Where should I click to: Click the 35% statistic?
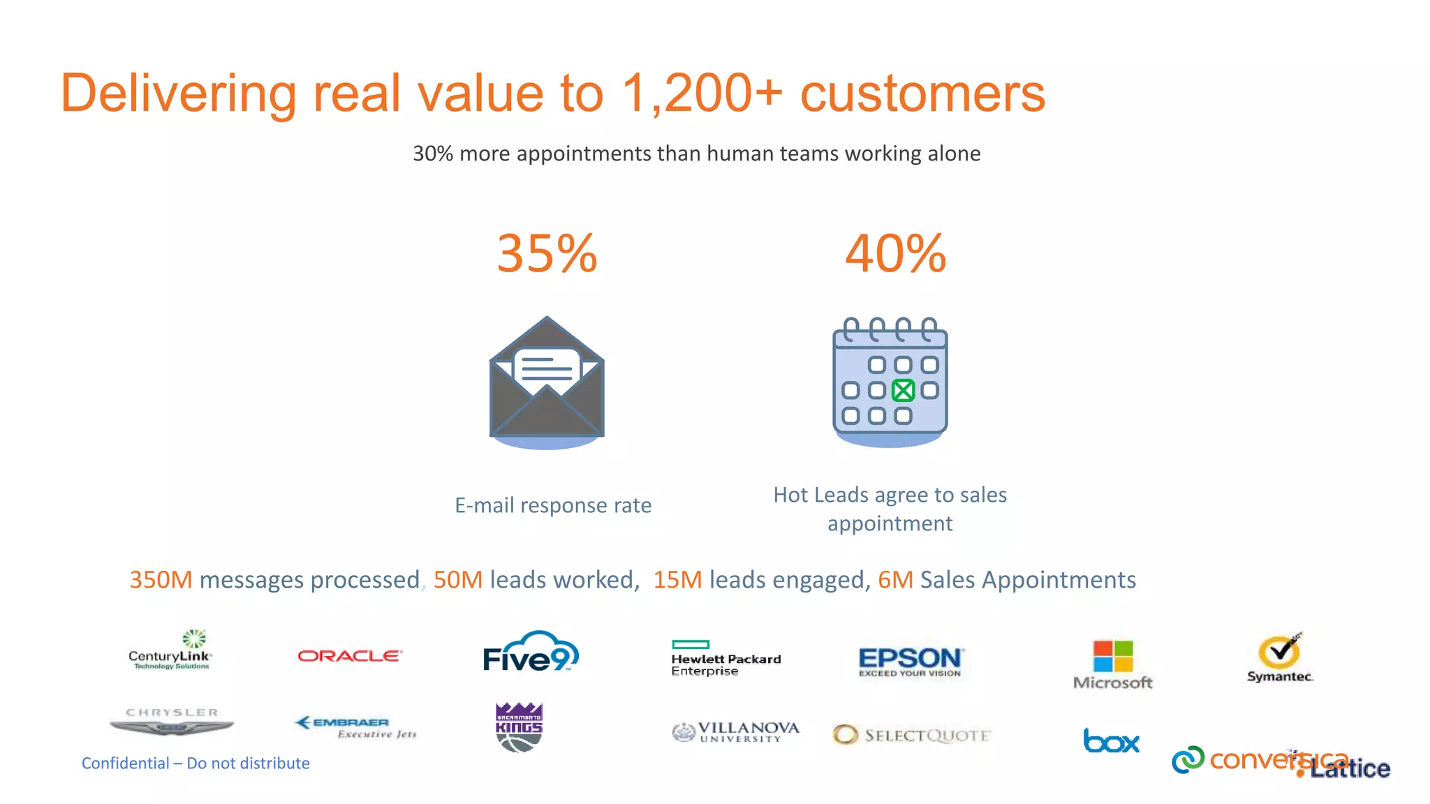(x=547, y=253)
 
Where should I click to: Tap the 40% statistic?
(x=895, y=253)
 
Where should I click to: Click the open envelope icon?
(x=547, y=380)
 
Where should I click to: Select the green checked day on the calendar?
(x=903, y=390)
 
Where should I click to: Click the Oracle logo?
(x=349, y=656)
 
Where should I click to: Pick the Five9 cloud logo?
(x=531, y=653)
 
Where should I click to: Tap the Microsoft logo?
(x=1112, y=664)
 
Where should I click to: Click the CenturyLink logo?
(x=170, y=650)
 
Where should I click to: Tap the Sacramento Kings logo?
(x=519, y=727)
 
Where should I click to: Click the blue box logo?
(x=1111, y=740)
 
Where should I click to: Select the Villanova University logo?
(x=735, y=732)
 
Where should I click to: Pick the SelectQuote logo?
(x=912, y=735)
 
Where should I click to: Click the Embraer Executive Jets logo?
(x=356, y=727)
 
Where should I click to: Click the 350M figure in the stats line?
(x=161, y=580)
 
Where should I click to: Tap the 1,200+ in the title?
(x=702, y=93)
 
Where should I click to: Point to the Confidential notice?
(x=196, y=763)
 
